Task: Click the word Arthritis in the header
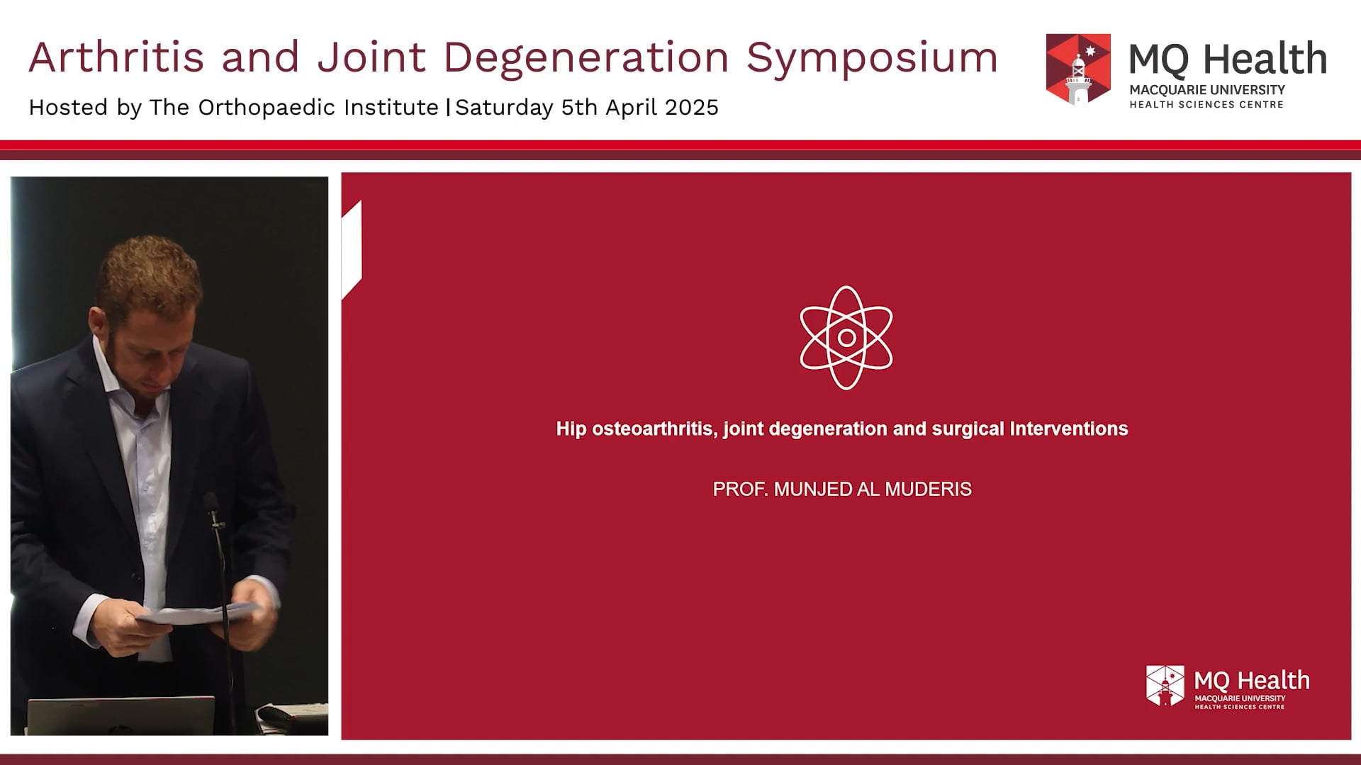coord(116,57)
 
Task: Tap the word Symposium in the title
coord(872,57)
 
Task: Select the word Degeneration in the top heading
coord(586,57)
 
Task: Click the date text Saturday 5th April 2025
coord(587,108)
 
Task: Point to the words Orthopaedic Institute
coord(318,108)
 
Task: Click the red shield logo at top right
coord(1077,69)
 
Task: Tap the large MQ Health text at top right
coord(1228,59)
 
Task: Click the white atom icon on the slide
coord(846,338)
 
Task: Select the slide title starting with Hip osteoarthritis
coord(841,429)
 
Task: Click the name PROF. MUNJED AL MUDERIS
coord(841,489)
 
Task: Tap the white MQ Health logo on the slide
coord(1228,686)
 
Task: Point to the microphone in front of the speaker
coord(211,505)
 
